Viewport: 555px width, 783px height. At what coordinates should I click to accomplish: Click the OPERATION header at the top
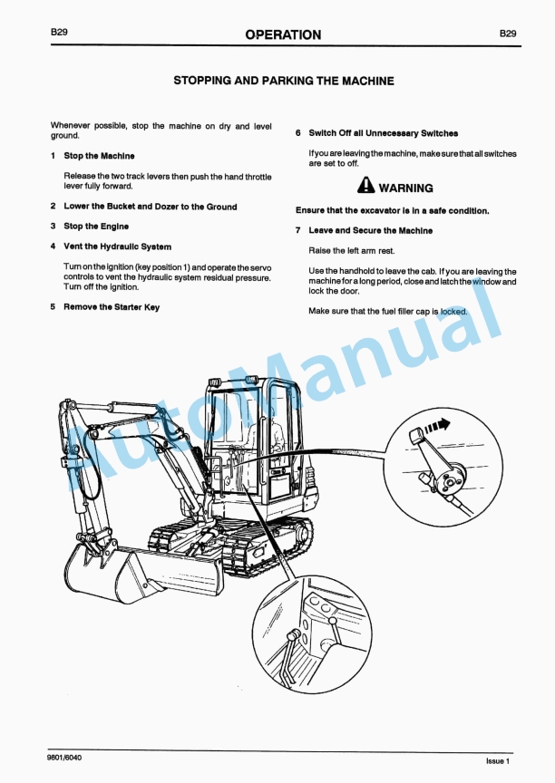click(x=283, y=34)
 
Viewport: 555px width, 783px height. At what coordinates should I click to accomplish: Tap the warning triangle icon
click(x=365, y=188)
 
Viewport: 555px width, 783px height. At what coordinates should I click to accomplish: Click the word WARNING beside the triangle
click(x=405, y=188)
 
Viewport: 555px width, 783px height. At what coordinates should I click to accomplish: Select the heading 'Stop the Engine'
click(x=96, y=227)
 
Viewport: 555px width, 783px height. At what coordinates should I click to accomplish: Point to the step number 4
click(x=54, y=246)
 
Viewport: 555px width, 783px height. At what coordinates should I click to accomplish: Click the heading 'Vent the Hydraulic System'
click(x=117, y=246)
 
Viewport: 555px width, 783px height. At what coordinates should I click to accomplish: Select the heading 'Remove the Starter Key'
click(x=112, y=307)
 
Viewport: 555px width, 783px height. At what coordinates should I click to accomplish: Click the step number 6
click(x=298, y=133)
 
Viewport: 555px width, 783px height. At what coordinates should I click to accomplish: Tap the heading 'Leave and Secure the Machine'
click(x=370, y=231)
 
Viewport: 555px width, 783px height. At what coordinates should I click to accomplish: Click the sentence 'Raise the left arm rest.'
click(x=352, y=250)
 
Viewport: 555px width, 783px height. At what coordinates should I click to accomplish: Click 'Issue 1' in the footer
click(x=497, y=760)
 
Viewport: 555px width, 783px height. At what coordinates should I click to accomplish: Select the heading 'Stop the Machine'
click(x=99, y=156)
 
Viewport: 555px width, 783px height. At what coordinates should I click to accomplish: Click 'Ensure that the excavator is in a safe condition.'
click(x=392, y=211)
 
